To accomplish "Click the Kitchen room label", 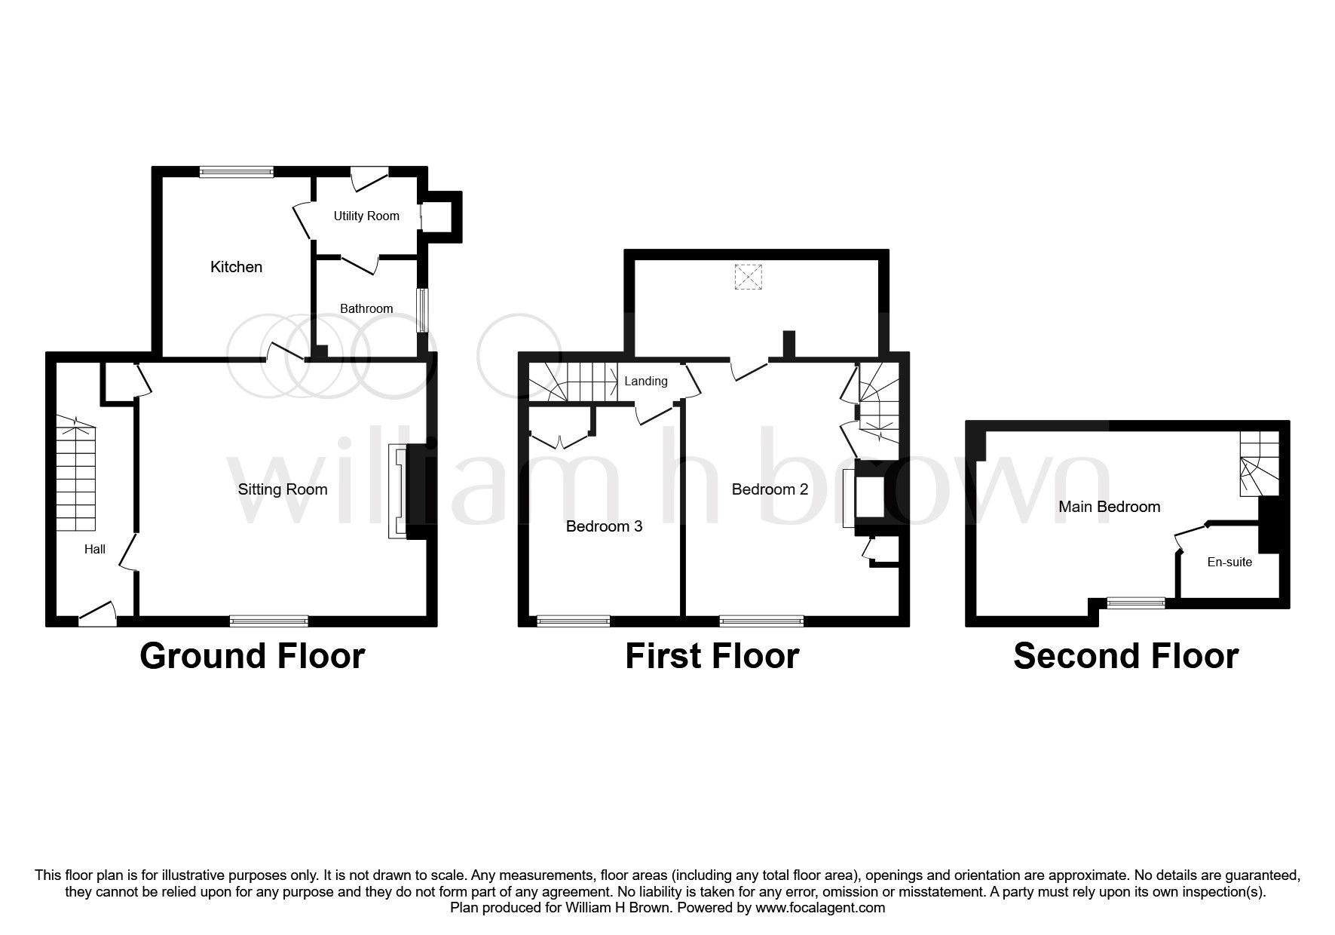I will (x=236, y=267).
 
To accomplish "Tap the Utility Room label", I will (x=366, y=216).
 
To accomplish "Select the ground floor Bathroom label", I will (x=366, y=308).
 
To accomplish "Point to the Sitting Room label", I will (x=283, y=489).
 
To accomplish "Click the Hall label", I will (x=95, y=550).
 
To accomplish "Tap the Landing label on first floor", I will (x=646, y=382).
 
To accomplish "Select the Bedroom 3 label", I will (x=604, y=526).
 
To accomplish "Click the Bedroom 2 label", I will (x=770, y=489).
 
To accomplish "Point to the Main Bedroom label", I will (x=1109, y=507).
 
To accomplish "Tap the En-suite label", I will (x=1229, y=562).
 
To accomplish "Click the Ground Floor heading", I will (x=253, y=656).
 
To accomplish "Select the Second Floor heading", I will (x=1125, y=656).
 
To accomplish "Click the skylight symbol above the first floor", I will (x=748, y=277).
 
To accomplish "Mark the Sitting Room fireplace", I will (x=397, y=492).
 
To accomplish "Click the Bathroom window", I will (x=424, y=310).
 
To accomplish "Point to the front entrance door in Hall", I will (x=97, y=615).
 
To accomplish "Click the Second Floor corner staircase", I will (x=1259, y=464).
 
